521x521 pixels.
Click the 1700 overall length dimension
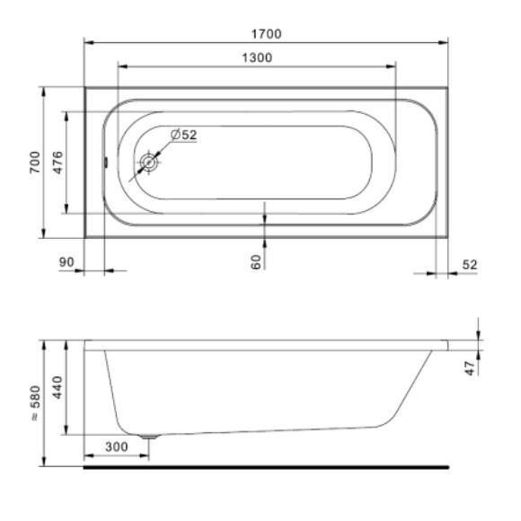click(x=267, y=34)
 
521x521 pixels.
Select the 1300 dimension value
click(x=257, y=57)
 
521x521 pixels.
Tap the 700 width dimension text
click(x=35, y=163)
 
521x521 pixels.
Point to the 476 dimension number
click(x=57, y=163)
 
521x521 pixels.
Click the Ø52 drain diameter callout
click(x=184, y=135)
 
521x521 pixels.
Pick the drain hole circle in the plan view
click(x=148, y=163)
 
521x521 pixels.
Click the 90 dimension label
click(x=66, y=262)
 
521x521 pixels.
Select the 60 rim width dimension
click(x=256, y=261)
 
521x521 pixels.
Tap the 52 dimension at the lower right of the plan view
click(x=470, y=264)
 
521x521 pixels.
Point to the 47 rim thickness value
click(x=470, y=368)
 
